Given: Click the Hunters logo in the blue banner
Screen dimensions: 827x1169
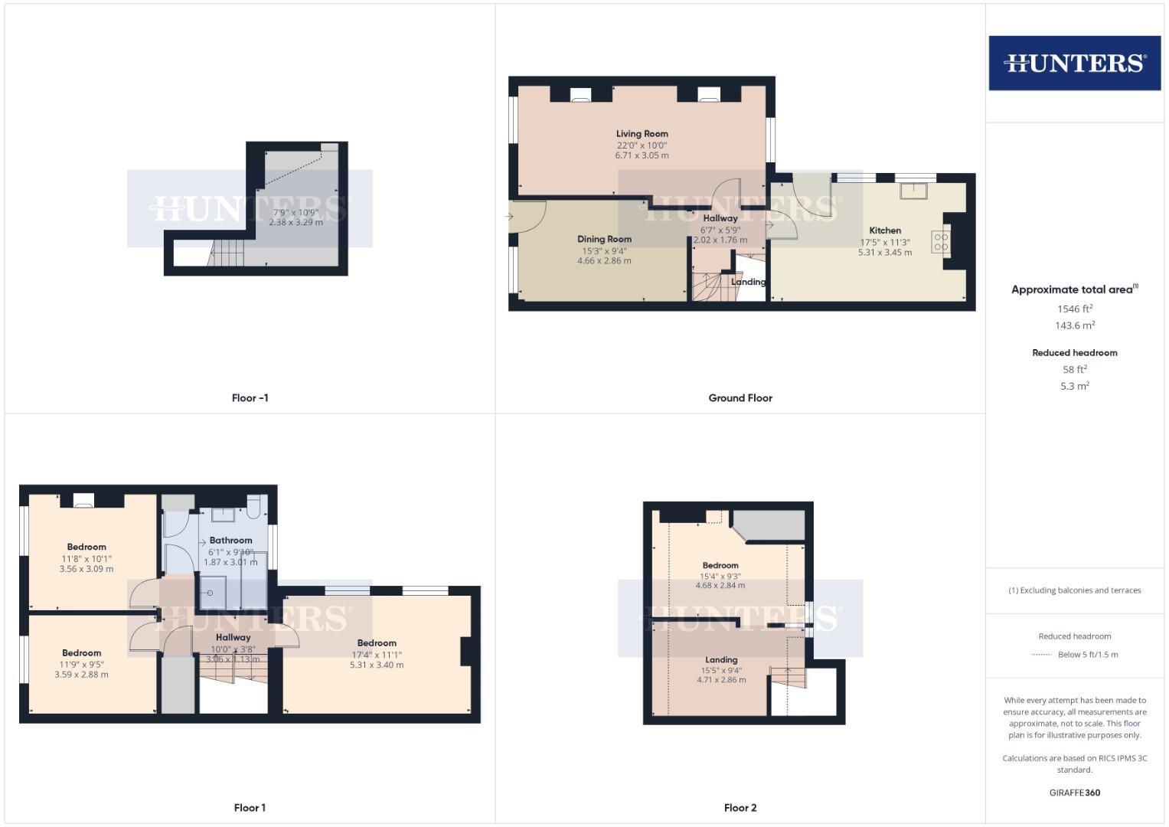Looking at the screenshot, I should [1074, 63].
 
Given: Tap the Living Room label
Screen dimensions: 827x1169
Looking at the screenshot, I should [642, 134].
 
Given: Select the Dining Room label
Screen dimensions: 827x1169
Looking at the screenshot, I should [604, 239].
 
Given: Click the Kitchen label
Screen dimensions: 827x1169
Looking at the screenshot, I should [885, 230].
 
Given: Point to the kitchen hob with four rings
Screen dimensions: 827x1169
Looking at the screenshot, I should [941, 243].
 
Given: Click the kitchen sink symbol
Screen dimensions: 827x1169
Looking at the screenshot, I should [913, 191].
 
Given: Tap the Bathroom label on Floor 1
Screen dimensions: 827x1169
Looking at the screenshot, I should [230, 540].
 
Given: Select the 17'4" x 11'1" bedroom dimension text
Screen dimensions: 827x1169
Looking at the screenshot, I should [377, 655].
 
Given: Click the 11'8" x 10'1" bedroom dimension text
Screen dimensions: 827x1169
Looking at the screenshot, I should [87, 559].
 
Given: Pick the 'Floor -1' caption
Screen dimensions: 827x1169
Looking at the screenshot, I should [250, 398].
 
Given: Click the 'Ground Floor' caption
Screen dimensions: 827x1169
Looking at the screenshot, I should [740, 398].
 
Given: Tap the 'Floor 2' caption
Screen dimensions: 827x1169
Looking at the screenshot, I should [740, 808].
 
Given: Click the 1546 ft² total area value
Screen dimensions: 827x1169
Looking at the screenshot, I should [1074, 309].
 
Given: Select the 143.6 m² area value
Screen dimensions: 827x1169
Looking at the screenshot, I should [1074, 325].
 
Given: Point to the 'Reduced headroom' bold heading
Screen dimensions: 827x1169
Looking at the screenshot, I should [1074, 353].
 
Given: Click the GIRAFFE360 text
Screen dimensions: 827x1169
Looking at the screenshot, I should [1074, 793].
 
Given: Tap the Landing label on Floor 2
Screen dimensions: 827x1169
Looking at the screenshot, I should [721, 660].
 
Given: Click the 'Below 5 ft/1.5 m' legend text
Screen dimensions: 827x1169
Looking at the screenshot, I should [1088, 655].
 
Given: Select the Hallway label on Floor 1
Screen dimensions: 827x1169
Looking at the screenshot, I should [233, 637].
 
